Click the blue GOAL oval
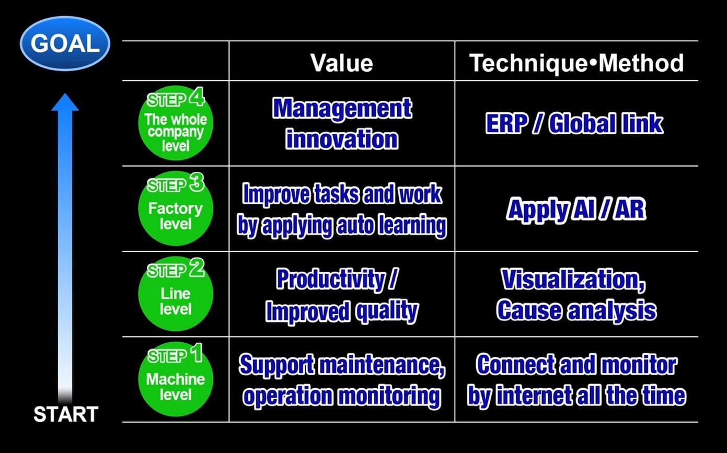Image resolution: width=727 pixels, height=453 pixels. click(x=65, y=43)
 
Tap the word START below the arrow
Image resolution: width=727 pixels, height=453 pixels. click(x=66, y=414)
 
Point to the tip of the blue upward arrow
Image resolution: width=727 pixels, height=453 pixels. click(x=65, y=94)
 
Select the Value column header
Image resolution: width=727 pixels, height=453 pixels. click(x=342, y=63)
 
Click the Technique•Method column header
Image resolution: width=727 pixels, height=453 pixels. click(x=576, y=63)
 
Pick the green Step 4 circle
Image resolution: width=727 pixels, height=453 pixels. click(x=176, y=123)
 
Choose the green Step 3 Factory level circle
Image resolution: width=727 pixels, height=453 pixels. click(x=176, y=208)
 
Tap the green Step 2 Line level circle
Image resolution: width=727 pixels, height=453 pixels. click(x=176, y=294)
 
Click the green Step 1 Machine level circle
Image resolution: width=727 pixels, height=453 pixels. click(x=176, y=379)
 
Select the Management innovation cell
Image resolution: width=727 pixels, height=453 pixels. click(x=342, y=123)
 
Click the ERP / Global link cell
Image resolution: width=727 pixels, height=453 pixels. click(x=574, y=124)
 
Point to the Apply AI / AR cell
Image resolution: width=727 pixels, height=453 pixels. click(x=576, y=210)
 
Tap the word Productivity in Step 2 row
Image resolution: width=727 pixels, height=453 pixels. click(x=331, y=279)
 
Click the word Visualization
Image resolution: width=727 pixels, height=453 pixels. click(x=573, y=280)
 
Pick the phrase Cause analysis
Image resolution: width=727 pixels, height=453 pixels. click(x=576, y=311)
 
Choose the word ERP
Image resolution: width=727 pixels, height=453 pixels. click(x=506, y=124)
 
